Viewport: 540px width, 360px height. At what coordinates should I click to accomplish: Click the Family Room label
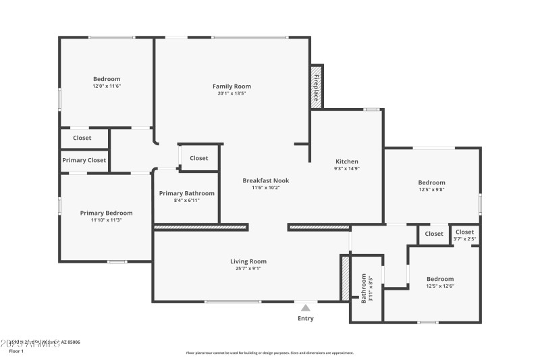232,86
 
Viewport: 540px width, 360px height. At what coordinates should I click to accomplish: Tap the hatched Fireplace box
315,86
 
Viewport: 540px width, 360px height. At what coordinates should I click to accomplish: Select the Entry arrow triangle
305,308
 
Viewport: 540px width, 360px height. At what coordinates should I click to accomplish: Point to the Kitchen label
347,161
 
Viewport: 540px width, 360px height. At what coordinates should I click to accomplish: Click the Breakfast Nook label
266,180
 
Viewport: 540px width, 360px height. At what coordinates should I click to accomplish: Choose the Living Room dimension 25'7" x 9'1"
248,269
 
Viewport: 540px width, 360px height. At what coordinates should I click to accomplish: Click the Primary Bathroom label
187,194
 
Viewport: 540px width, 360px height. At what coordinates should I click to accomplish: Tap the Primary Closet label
84,161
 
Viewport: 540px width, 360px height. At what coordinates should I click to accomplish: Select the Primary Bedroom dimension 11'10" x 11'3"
101,220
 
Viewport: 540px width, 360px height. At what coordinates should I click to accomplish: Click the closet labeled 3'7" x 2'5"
464,236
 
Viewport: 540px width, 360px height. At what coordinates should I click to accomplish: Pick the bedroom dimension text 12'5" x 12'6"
440,286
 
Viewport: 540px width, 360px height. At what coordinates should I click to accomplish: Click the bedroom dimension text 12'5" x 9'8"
431,190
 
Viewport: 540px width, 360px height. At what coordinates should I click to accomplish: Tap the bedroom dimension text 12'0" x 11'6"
107,86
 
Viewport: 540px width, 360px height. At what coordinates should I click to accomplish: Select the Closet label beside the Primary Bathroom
198,158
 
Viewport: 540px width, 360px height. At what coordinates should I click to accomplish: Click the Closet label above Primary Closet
82,138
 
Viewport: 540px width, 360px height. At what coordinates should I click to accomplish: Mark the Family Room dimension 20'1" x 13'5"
232,94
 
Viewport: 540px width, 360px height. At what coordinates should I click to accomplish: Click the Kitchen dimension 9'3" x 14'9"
347,169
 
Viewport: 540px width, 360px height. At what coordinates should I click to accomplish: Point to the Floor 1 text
16,351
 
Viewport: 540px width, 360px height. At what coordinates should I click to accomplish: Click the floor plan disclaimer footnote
269,353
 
